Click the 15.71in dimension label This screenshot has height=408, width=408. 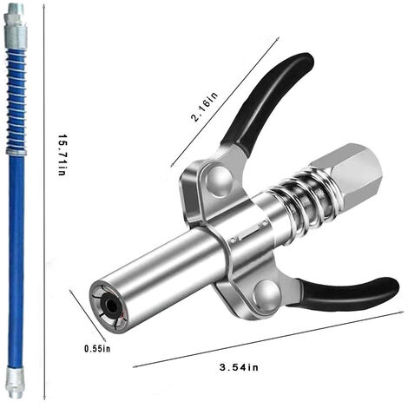62,155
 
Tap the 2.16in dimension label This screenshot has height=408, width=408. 204,107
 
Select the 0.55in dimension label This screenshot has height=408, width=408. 97,349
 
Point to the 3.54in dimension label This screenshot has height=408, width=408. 239,367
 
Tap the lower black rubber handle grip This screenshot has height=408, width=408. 347,295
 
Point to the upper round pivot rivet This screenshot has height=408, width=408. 219,180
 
